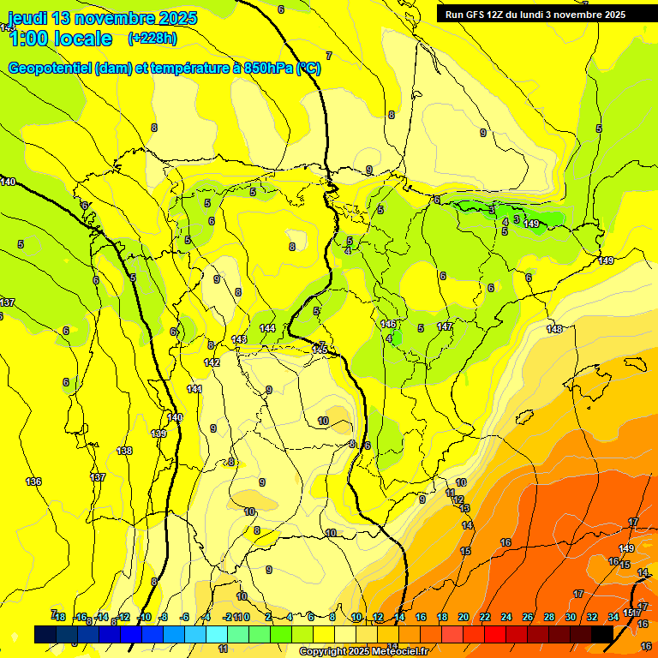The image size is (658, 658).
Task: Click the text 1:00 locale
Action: [x=60, y=39]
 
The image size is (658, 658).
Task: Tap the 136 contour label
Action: [x=33, y=482]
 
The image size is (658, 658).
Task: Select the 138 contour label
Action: [x=124, y=451]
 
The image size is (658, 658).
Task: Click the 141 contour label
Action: [x=194, y=389]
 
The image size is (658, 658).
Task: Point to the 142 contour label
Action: [x=212, y=362]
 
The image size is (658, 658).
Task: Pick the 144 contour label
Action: [x=267, y=328]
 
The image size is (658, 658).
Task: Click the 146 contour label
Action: [x=389, y=324]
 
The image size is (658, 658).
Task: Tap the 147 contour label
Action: [x=445, y=326]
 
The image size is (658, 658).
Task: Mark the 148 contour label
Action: [x=555, y=329]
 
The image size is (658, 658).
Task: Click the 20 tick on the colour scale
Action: [x=464, y=617]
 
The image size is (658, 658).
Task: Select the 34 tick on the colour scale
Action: [x=613, y=617]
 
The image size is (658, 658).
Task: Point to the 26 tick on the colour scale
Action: [x=528, y=617]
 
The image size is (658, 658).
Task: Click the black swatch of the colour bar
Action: [x=601, y=633]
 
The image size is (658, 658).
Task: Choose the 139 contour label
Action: [x=159, y=434]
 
